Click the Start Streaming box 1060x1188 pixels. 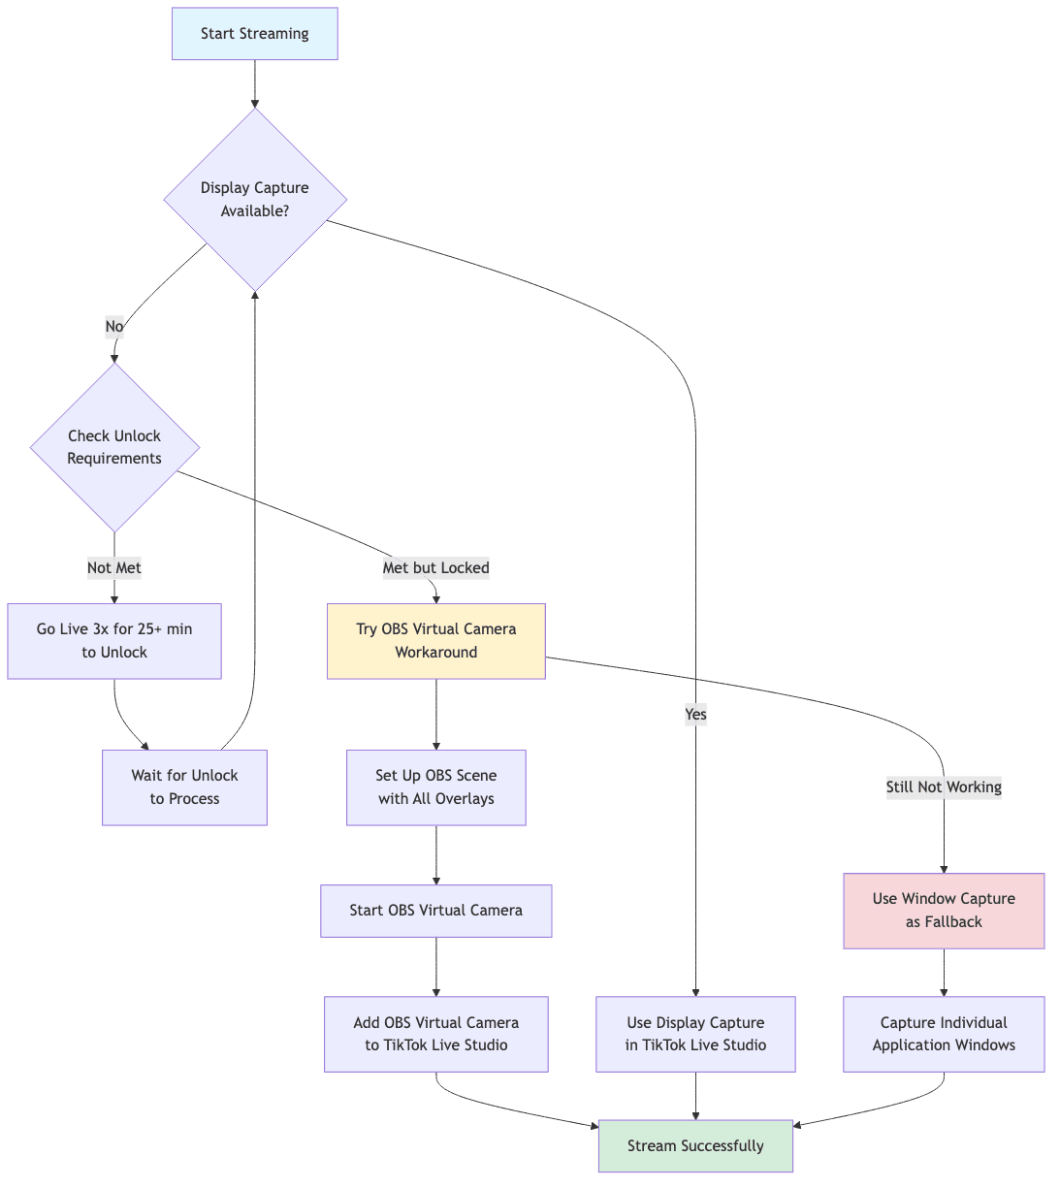coord(254,34)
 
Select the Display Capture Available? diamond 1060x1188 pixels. coord(254,199)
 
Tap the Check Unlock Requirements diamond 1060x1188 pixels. coord(114,447)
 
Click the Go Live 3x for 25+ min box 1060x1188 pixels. coord(114,641)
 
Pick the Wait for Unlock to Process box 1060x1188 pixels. coord(184,787)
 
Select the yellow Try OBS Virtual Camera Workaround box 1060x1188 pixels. coord(435,641)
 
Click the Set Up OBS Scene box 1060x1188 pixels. coord(435,787)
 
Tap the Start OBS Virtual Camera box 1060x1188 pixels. coord(435,911)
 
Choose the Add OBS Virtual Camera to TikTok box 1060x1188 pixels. coord(435,1034)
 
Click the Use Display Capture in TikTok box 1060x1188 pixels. coord(695,1034)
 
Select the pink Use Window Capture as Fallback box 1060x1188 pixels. coord(944,911)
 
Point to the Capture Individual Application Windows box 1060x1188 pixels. coord(944,1034)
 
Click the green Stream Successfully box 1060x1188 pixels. coord(695,1146)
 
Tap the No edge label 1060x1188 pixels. coord(114,327)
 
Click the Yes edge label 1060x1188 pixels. coord(695,715)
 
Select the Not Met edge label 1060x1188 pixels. coord(114,567)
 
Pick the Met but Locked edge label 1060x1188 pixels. coord(435,567)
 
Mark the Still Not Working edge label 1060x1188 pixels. coord(944,787)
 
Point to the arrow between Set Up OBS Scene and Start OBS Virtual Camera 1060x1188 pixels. coord(436,855)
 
